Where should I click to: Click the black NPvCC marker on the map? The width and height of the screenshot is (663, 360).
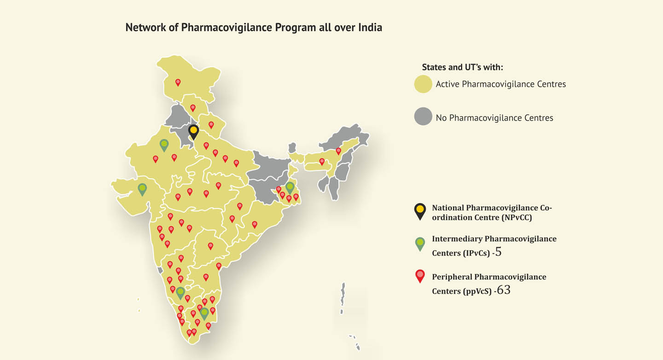tap(194, 131)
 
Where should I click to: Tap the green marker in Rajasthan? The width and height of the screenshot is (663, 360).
tap(164, 145)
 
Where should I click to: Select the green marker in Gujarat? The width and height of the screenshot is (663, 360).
tap(142, 189)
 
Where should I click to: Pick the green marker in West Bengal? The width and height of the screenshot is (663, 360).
tap(290, 187)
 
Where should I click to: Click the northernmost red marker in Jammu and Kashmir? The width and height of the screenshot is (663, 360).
tap(178, 82)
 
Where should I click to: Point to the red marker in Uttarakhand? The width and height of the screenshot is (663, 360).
tap(211, 124)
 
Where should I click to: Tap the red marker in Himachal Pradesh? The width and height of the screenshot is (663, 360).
tap(193, 108)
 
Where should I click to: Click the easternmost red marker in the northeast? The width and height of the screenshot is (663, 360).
tap(338, 151)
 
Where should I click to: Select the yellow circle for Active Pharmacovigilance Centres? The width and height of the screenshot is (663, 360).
tap(423, 84)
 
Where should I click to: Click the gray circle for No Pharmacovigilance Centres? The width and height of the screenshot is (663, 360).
tap(423, 117)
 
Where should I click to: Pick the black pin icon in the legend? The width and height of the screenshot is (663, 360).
tap(420, 211)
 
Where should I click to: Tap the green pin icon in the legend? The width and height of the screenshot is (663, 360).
tap(420, 243)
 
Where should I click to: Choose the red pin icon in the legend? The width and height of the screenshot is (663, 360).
tap(420, 276)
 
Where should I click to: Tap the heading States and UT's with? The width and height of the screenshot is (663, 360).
tap(462, 67)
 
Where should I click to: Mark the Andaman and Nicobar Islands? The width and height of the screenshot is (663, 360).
tap(343, 299)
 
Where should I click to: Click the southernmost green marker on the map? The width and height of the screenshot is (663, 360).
tap(204, 313)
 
